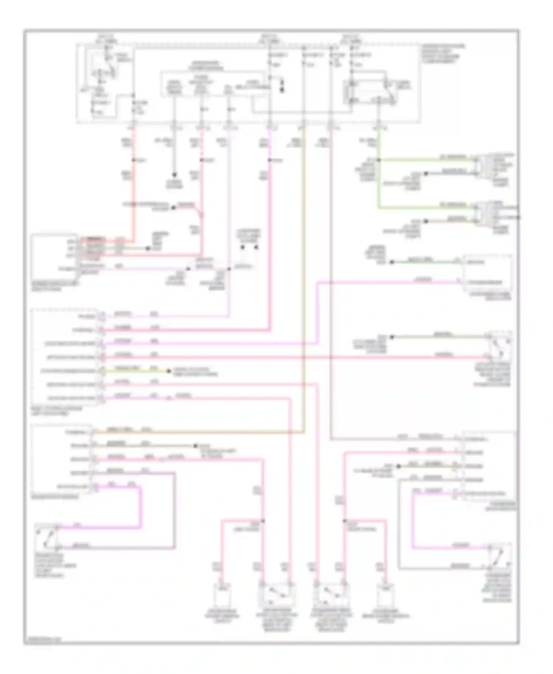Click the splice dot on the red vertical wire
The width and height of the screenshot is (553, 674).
point(133,160)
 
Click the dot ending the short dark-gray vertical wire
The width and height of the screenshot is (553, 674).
point(174,175)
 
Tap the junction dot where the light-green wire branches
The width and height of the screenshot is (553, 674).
point(379,160)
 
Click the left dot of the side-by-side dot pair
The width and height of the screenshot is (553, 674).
point(243,247)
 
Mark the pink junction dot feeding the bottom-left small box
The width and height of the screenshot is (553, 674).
point(263,521)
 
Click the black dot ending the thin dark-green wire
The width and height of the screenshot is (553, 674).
point(392,262)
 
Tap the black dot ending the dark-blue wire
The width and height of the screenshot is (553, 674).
point(425,173)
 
